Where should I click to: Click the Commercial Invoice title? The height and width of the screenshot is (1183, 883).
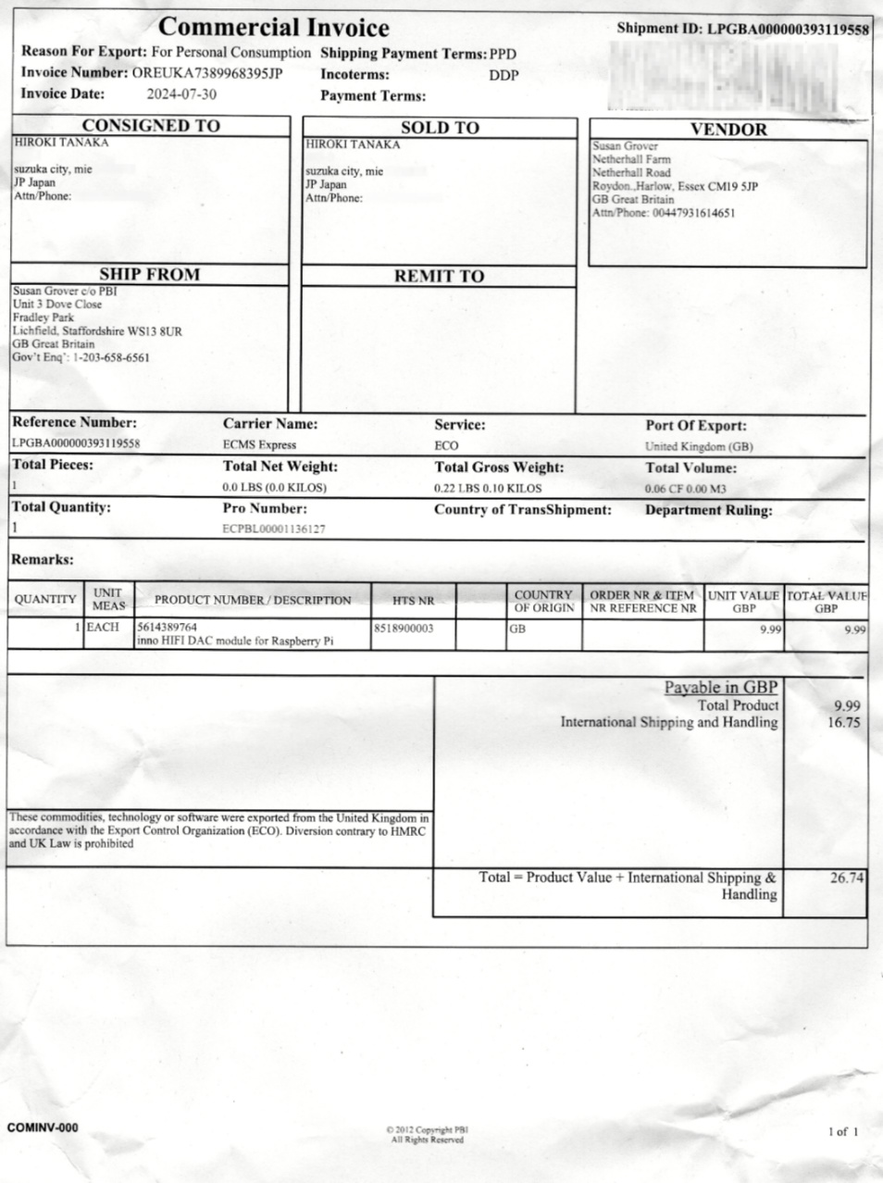pos(273,28)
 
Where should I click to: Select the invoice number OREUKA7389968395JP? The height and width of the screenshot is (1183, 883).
pos(206,73)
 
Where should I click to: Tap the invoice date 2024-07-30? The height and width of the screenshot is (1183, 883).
pos(181,94)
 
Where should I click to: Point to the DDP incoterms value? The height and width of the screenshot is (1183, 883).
pos(504,76)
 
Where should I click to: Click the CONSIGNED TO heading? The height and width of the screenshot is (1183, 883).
pos(151,126)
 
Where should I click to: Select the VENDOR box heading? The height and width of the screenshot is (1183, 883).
pos(728,130)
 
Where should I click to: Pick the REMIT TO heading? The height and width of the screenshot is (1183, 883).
pos(439,276)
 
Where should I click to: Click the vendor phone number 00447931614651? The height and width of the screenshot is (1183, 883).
pos(693,213)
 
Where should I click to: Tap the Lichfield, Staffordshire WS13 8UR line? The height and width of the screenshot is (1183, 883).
pos(97,330)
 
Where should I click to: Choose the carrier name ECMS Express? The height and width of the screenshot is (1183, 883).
pos(259,445)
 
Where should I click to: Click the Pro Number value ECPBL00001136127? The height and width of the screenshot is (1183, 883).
pos(274,529)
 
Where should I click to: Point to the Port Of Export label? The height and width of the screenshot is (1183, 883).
pos(696,426)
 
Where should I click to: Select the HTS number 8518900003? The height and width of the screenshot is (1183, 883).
pos(403,629)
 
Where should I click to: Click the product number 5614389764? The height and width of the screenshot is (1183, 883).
pos(167,628)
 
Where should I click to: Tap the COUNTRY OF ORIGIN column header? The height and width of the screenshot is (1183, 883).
pos(543,602)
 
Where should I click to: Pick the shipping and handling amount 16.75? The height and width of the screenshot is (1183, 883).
pos(843,723)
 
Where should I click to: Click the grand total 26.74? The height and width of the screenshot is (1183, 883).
pos(846,878)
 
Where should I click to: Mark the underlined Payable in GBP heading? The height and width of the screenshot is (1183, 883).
pos(721,688)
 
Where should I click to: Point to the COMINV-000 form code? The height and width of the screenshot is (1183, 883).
pos(43,1127)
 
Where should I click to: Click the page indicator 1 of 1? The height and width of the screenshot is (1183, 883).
pos(842,1131)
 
